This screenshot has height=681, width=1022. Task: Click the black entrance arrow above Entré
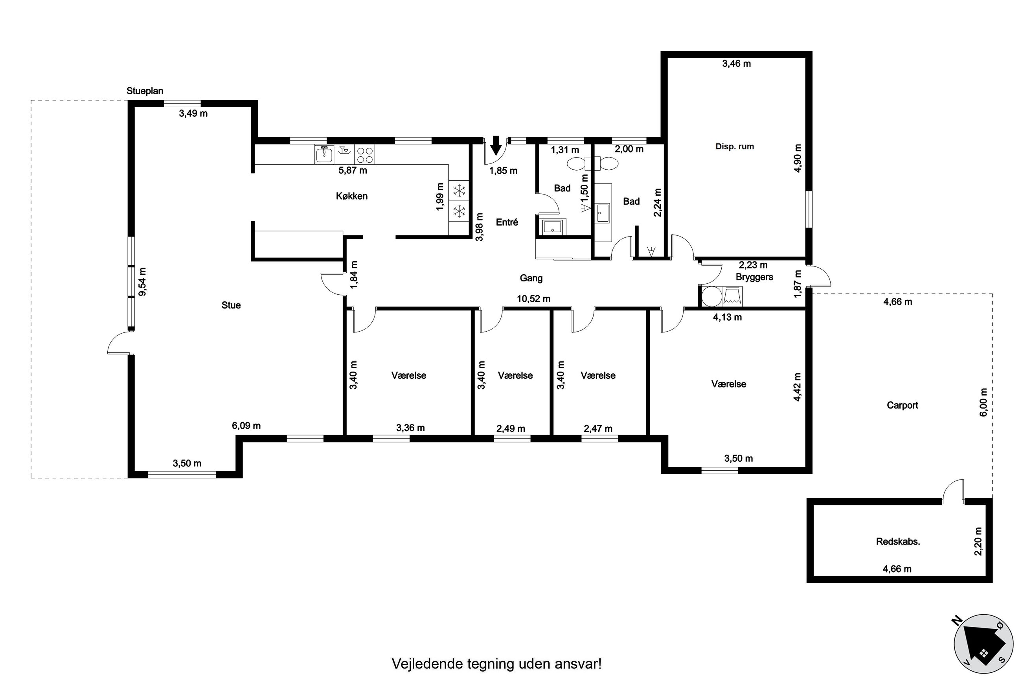[x=496, y=145]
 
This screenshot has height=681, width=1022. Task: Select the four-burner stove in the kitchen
[x=364, y=154]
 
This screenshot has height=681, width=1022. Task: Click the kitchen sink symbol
[x=324, y=154]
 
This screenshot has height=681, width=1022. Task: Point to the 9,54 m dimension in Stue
[x=142, y=281]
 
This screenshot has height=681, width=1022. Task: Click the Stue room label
[x=231, y=305]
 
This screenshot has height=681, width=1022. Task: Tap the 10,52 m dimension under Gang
[x=533, y=299]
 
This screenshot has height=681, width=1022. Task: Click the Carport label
[x=902, y=405]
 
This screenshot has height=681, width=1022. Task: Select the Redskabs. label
[x=898, y=541]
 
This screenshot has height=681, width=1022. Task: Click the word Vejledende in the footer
[x=428, y=664]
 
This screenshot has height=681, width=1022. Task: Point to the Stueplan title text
[x=145, y=91]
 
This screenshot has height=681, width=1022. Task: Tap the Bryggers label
[x=754, y=277]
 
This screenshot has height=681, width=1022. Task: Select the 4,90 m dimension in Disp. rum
[x=798, y=158]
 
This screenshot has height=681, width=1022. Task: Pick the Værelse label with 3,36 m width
[x=409, y=376]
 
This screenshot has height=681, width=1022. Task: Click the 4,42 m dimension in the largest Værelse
[x=797, y=387]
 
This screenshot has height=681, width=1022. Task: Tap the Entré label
[x=507, y=222]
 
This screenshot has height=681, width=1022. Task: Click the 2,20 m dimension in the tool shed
[x=978, y=541]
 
